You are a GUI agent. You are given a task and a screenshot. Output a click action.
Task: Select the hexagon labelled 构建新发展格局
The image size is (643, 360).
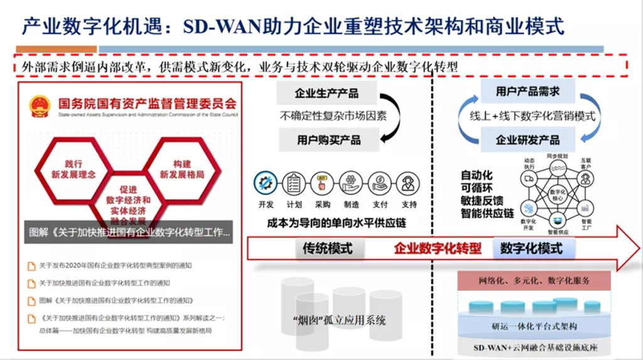[181, 168]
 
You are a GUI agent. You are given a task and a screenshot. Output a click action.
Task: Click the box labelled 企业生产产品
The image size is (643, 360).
[327, 94]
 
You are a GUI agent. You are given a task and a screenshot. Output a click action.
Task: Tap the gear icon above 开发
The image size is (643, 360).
[266, 183]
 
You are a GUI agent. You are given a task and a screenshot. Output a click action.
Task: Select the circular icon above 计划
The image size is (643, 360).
[294, 183]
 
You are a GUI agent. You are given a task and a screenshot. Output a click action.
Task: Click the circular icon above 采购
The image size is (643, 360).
[323, 183]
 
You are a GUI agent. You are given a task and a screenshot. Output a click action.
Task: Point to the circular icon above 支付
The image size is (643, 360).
[381, 183]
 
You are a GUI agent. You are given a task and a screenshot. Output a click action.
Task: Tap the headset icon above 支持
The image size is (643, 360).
[409, 183]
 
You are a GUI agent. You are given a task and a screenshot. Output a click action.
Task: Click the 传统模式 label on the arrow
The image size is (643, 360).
[327, 249]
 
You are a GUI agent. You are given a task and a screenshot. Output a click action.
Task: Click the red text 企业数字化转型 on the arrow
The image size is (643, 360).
[437, 249]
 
